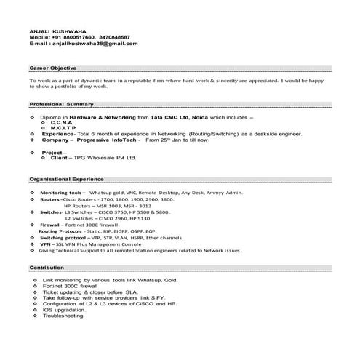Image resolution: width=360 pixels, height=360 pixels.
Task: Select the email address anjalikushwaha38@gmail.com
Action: [94, 43]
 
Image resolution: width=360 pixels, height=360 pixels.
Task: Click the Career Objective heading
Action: [55, 66]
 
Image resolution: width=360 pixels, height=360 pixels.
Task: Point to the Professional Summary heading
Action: [60, 105]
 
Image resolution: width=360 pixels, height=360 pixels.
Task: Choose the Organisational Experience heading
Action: [67, 178]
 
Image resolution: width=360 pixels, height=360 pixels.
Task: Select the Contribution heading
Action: [47, 268]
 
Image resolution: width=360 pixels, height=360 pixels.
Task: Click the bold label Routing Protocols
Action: [69, 231]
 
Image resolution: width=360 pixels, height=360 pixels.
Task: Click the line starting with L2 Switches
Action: [108, 218]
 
